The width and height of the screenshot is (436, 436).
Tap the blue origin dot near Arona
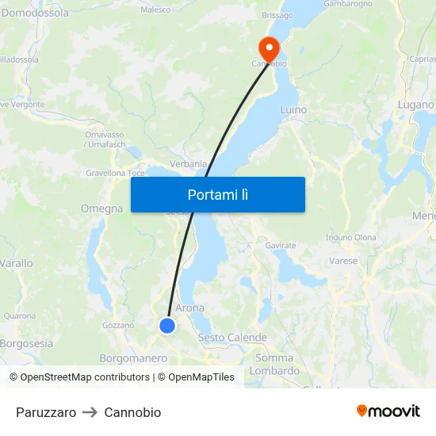pos(167,326)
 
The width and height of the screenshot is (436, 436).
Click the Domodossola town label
pos(34,13)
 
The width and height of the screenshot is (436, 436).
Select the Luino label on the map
pos(293,109)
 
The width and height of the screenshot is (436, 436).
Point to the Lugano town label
pos(415,105)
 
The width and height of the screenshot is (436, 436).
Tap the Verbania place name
pos(188,164)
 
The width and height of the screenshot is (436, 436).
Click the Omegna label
pos(101,208)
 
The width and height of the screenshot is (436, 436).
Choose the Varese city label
pos(343,260)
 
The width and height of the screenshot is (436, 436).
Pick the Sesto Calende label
pos(232,338)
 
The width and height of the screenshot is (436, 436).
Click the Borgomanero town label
pos(133,358)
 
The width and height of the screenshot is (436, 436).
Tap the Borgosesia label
pos(26,343)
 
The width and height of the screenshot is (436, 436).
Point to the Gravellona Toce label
pos(115,173)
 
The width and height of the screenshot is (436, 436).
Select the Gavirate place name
pos(281,246)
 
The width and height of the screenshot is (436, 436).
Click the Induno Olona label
pos(350,237)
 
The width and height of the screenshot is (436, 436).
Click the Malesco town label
pos(155,10)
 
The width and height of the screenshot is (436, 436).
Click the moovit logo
pos(388,411)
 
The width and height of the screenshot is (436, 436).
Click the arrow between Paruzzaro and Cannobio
pos(90,412)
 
